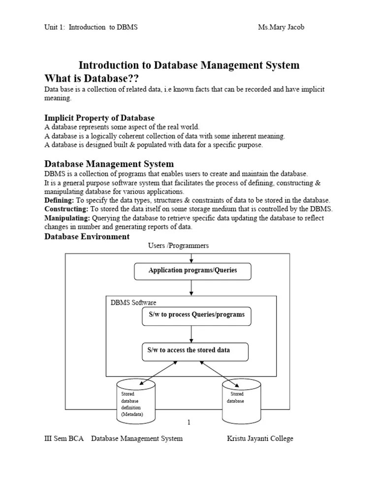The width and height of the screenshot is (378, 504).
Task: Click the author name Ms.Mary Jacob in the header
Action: [281, 28]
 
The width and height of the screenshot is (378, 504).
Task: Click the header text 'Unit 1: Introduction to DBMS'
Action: [91, 28]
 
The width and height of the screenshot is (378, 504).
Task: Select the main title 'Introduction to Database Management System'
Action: [189, 65]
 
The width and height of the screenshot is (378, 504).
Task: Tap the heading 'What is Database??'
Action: [92, 79]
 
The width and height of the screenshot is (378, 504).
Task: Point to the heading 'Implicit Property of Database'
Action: [99, 118]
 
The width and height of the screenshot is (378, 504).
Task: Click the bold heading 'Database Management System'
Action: [109, 164]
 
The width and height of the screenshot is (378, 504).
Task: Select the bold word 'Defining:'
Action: [59, 200]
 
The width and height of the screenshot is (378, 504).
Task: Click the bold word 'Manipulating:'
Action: [67, 218]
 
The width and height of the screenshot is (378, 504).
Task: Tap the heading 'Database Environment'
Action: [87, 237]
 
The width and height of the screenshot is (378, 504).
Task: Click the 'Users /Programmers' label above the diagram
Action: [178, 246]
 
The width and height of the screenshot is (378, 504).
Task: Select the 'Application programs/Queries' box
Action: [192, 271]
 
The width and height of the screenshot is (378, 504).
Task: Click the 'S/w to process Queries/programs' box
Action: [196, 315]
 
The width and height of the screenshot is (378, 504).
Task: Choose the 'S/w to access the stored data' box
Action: [195, 351]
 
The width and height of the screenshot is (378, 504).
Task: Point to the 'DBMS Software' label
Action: [133, 303]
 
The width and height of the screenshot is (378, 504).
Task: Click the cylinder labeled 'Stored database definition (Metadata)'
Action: [135, 401]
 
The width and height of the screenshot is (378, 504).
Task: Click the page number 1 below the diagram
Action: [189, 422]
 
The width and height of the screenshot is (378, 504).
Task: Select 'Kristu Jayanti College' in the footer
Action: [259, 439]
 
